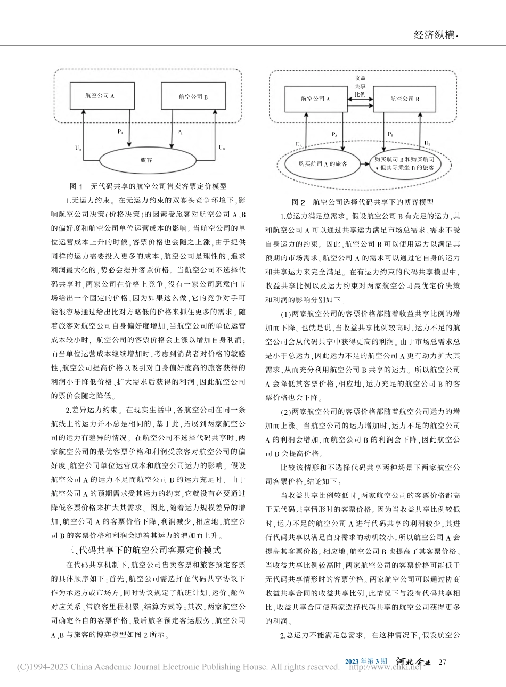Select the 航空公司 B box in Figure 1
point(193,97)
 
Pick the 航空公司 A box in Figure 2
point(315,99)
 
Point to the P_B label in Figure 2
point(390,135)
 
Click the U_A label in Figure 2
point(298,144)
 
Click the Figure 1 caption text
point(149,186)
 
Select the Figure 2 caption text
point(363,202)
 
